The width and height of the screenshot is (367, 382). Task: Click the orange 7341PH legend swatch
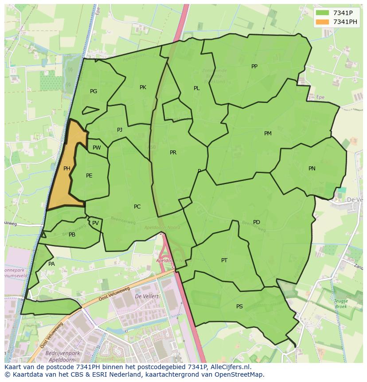click(323, 22)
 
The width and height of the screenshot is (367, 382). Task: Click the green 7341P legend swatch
click(323, 13)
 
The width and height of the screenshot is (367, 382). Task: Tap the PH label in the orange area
click(67, 169)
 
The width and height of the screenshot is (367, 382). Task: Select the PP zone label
click(254, 67)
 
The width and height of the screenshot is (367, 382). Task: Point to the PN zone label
click(312, 169)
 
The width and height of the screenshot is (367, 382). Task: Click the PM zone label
click(268, 134)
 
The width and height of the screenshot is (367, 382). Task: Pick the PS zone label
click(239, 307)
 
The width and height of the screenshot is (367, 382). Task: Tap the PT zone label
click(224, 260)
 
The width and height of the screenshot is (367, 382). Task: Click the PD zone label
click(257, 222)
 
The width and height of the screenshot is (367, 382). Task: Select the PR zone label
click(173, 153)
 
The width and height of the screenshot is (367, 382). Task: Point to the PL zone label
click(196, 88)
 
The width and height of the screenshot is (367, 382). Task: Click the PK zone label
click(143, 87)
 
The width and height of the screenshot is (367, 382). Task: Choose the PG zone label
click(94, 91)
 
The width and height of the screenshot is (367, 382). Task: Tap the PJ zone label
click(120, 130)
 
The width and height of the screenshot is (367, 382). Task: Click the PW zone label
click(97, 148)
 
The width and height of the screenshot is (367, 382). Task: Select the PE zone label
click(89, 176)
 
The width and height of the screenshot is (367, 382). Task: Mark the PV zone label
click(95, 223)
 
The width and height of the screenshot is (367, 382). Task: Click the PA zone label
click(51, 264)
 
